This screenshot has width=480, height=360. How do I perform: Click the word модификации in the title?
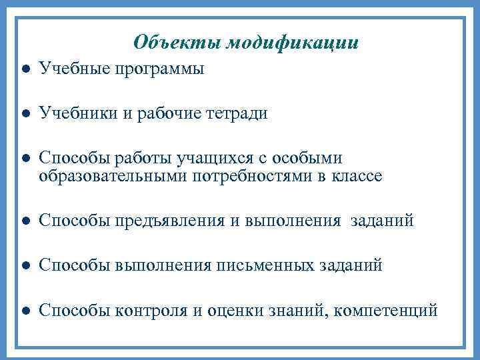(293, 43)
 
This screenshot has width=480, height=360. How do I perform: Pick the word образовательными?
(113, 176)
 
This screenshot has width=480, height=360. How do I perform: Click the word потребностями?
(249, 176)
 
